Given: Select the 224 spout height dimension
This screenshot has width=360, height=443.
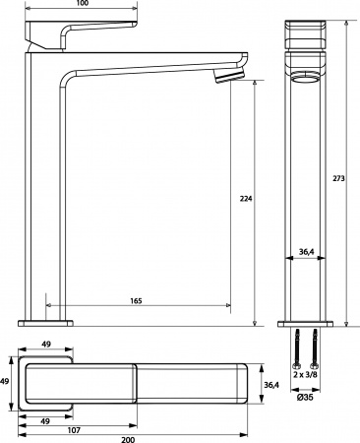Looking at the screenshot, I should coord(245,198).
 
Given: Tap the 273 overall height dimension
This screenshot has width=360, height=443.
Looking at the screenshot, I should coord(339,176).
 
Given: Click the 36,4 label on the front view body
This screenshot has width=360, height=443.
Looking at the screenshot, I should coord(307,253).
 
